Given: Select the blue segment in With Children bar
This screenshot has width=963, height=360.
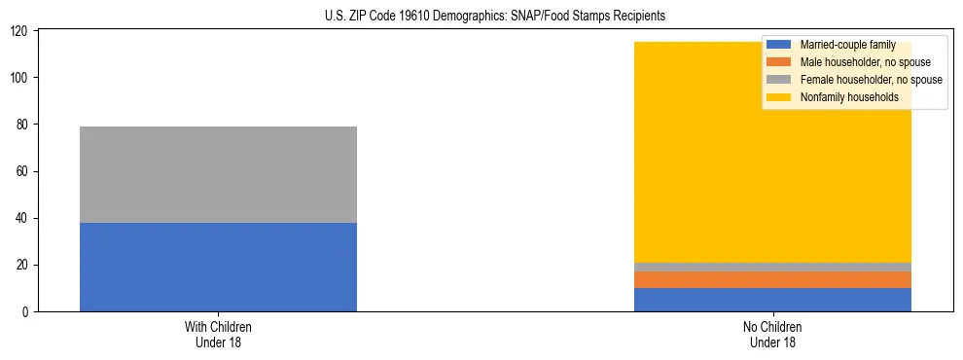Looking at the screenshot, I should tap(218, 267).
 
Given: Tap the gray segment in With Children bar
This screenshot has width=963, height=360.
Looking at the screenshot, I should tap(218, 174).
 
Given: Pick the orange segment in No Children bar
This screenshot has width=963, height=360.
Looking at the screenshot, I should tap(772, 279).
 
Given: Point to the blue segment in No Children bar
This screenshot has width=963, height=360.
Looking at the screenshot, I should tap(772, 300).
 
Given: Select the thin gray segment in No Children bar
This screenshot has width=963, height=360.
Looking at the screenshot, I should tap(772, 267).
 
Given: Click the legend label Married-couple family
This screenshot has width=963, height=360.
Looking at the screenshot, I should tap(847, 45).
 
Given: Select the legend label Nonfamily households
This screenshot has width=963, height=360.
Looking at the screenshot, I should tap(849, 97).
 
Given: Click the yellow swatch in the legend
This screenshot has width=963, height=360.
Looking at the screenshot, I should tap(780, 97).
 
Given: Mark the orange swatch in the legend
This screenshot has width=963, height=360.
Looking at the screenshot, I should tap(780, 62).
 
